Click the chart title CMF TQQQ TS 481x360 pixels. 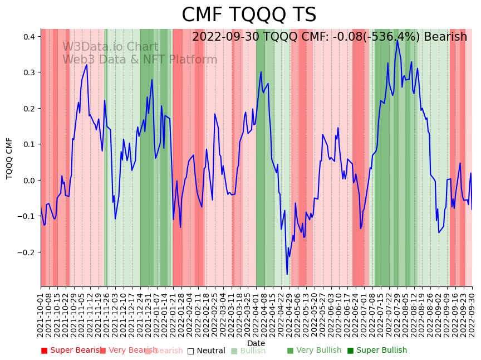(x=249, y=15)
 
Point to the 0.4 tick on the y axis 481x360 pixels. (x=30, y=37)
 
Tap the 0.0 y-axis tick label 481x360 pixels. (x=30, y=181)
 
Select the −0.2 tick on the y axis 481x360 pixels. (x=27, y=252)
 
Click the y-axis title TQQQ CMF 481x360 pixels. (x=9, y=158)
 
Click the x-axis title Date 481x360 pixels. (x=256, y=343)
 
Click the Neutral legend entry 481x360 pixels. (x=206, y=351)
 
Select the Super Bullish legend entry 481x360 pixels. (x=377, y=351)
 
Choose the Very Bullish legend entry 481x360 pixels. (x=314, y=351)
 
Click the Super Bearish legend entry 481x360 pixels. (x=70, y=351)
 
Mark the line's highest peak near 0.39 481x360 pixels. (x=397, y=40)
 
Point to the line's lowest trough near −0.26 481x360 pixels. (x=287, y=274)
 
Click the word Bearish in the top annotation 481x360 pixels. (x=445, y=37)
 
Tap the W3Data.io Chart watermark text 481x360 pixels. (x=110, y=47)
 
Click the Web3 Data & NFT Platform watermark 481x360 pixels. (x=140, y=60)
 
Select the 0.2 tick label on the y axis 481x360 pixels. (x=30, y=109)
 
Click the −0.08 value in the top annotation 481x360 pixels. (x=336, y=37)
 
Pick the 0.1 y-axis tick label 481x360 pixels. (x=30, y=144)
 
